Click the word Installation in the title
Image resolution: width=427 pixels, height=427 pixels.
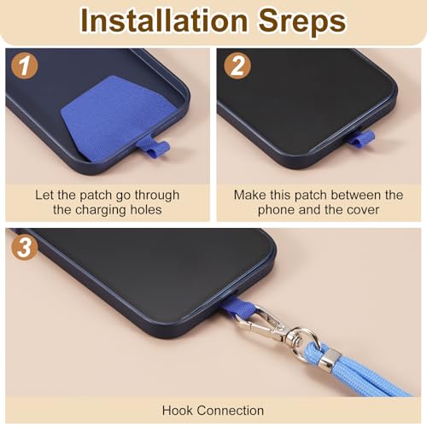pyautogui.click(x=164, y=20)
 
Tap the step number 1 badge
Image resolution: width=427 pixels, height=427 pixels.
pyautogui.click(x=25, y=67)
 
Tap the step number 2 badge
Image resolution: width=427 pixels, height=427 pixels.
pyautogui.click(x=237, y=67)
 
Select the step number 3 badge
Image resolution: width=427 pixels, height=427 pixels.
pyautogui.click(x=25, y=247)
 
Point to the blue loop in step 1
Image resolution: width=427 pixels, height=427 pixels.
pyautogui.click(x=154, y=147)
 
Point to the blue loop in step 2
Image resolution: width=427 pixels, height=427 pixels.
pyautogui.click(x=361, y=138)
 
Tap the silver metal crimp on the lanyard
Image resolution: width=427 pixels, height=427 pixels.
pyautogui.click(x=330, y=358)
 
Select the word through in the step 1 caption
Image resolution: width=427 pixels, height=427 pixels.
pyautogui.click(x=157, y=196)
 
